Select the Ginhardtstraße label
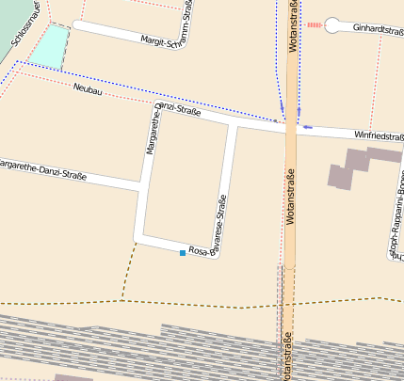[378, 28]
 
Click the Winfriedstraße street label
[379, 136]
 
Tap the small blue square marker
[183, 253]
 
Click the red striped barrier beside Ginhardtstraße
[315, 25]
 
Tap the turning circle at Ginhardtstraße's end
[334, 26]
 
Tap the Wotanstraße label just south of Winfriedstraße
[290, 194]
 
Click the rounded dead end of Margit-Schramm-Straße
[76, 26]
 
